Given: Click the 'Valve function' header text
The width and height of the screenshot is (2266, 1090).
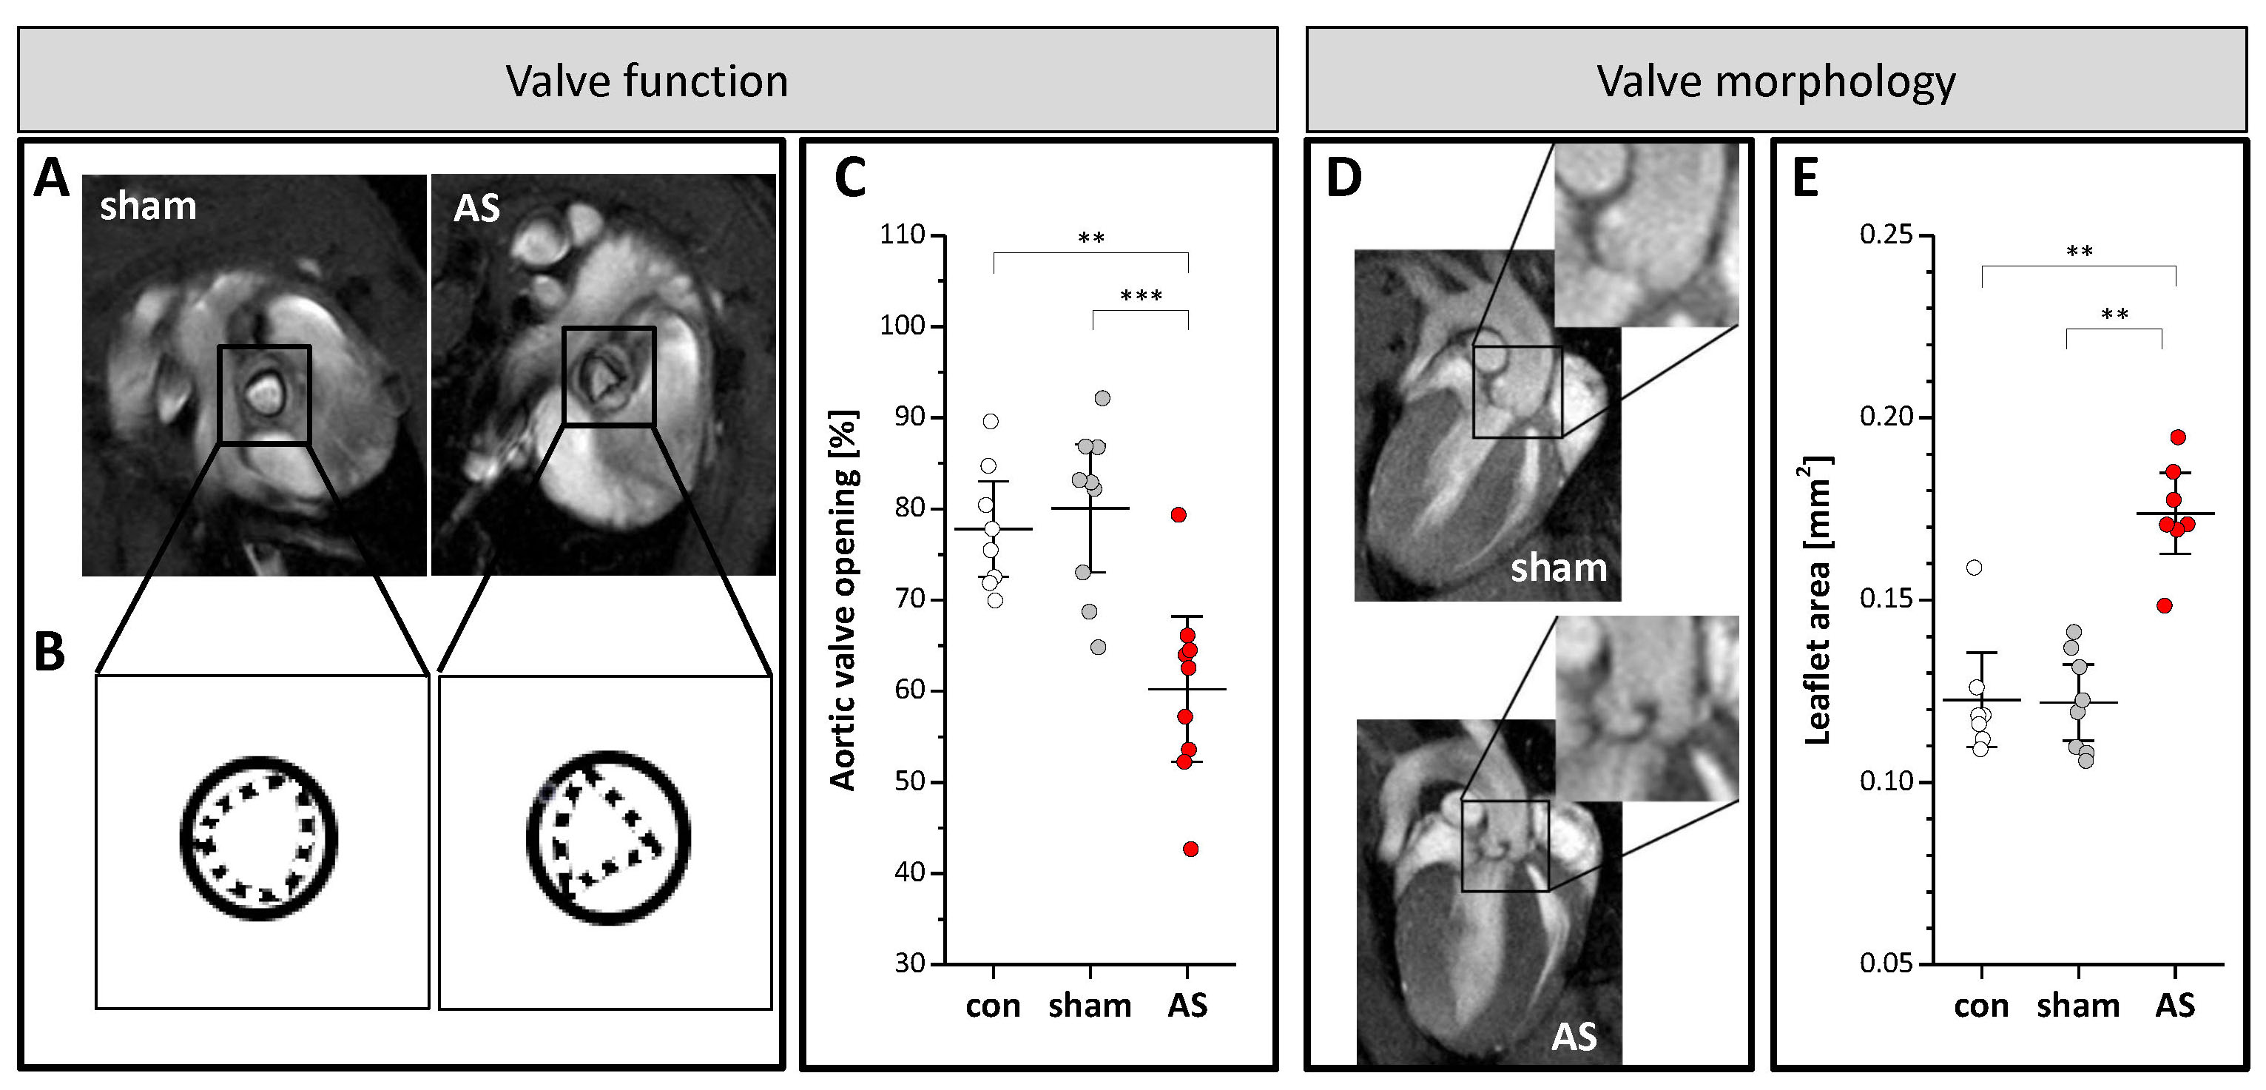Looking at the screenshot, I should [x=647, y=81].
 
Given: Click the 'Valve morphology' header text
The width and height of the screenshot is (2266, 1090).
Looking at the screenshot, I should [x=1776, y=81].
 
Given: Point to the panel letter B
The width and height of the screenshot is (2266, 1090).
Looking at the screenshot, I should [x=50, y=653].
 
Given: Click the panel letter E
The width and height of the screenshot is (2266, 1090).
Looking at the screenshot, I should [x=1805, y=178].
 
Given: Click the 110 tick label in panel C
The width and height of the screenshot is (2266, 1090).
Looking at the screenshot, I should [x=903, y=235].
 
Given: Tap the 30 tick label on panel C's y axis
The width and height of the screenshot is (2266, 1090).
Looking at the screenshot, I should [x=909, y=963].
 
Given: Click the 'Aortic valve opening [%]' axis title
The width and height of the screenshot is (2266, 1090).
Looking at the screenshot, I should [x=843, y=601].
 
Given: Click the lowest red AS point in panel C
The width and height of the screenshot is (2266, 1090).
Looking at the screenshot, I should [x=1190, y=849].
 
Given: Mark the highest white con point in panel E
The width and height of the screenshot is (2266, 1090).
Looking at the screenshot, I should [x=1974, y=568].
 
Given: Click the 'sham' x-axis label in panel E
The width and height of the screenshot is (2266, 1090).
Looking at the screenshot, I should [x=2078, y=1006].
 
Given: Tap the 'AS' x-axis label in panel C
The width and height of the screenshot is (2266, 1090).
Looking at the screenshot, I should [x=1187, y=1006].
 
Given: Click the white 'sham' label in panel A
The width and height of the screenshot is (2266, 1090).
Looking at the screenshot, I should [x=148, y=206].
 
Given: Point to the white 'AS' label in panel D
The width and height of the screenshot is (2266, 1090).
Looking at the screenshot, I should [x=1574, y=1037].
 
